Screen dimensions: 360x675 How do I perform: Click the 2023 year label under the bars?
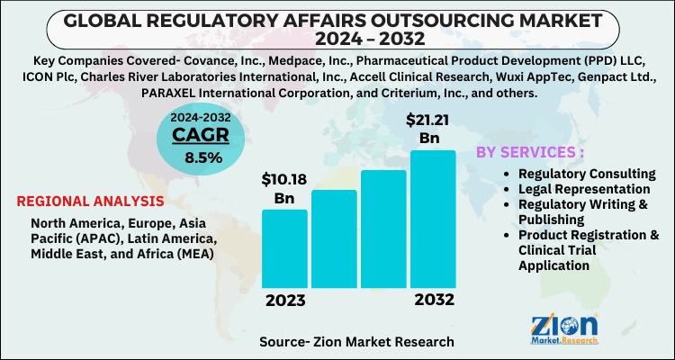pos(284,301)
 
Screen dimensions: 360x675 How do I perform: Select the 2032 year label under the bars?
pos(433,301)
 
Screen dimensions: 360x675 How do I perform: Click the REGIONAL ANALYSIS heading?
pos(90,201)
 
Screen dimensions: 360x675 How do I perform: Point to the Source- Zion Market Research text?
pos(356,342)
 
